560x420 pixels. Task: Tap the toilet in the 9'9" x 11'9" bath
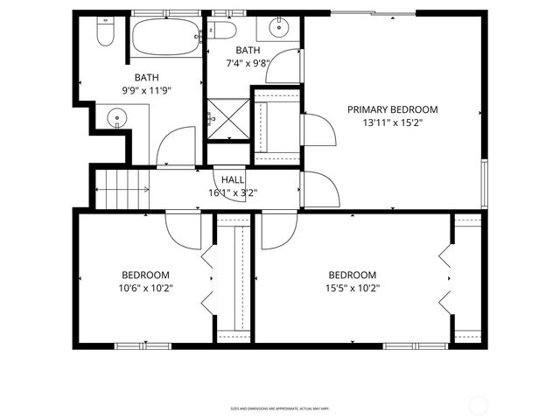click(105, 32)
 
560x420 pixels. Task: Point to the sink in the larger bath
click(115, 117)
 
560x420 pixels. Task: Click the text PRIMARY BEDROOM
click(392, 109)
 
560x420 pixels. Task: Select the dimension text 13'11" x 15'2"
click(392, 123)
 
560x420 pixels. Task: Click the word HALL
click(232, 179)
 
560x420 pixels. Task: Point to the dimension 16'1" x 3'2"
click(232, 192)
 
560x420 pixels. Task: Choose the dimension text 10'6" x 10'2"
click(146, 288)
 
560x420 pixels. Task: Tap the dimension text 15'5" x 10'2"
click(353, 288)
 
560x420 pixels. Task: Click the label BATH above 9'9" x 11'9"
click(146, 78)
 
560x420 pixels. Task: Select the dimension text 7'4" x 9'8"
click(247, 63)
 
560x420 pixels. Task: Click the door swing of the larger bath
click(178, 147)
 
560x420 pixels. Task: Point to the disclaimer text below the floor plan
click(280, 408)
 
